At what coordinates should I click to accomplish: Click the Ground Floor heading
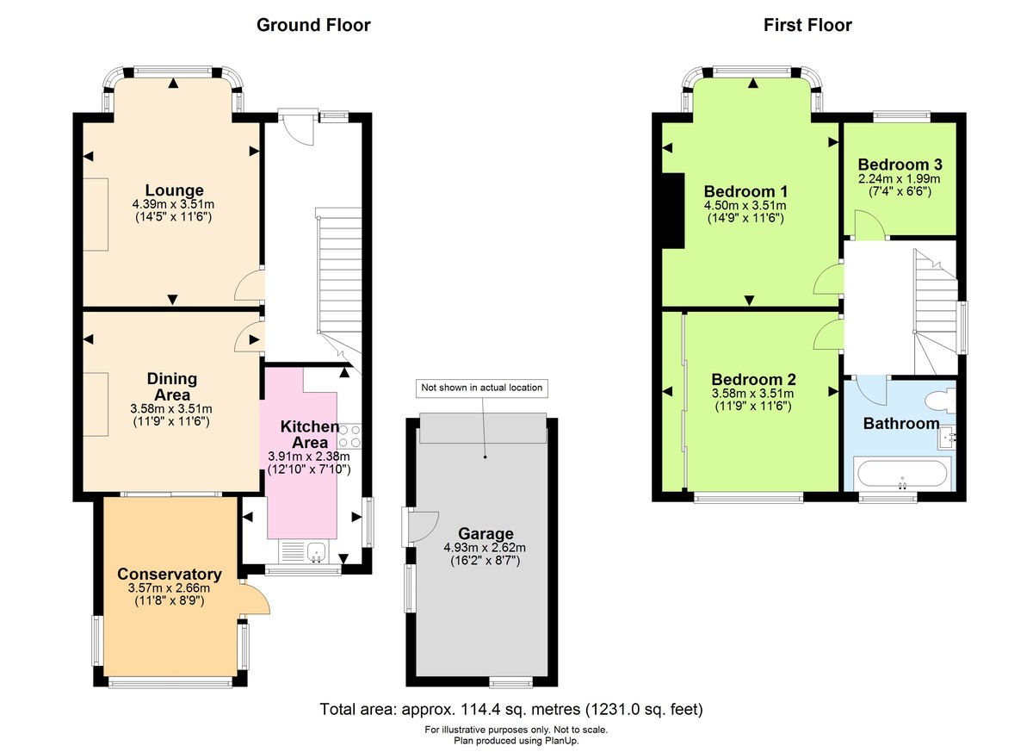pos(313,25)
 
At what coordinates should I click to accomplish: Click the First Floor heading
pos(807,25)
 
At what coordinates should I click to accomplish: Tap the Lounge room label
pos(174,190)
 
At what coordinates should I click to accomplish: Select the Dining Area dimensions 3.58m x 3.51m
pos(171,408)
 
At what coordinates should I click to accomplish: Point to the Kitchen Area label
pos(310,434)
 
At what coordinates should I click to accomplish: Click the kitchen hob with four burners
pos(349,436)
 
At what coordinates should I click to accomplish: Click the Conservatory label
pos(170,575)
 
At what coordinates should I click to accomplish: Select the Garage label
pos(486,533)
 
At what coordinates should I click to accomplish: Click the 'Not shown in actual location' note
pos(481,388)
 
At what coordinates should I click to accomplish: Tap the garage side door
pos(420,526)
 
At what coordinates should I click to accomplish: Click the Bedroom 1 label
pos(745,190)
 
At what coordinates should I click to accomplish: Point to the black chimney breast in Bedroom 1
pos(672,210)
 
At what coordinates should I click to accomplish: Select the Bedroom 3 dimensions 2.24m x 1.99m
pos(899,179)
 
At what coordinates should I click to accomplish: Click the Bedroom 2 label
pos(753,379)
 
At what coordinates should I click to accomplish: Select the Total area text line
pos(511,710)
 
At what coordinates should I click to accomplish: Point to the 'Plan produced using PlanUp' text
pos(516,740)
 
